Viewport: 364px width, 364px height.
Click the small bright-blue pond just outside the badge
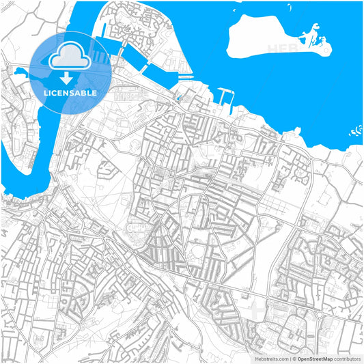pyautogui.click(x=18, y=71)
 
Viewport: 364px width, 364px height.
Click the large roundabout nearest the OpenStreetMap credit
pyautogui.click(x=320, y=315)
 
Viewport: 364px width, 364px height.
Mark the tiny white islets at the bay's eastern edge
pyautogui.click(x=355, y=130)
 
